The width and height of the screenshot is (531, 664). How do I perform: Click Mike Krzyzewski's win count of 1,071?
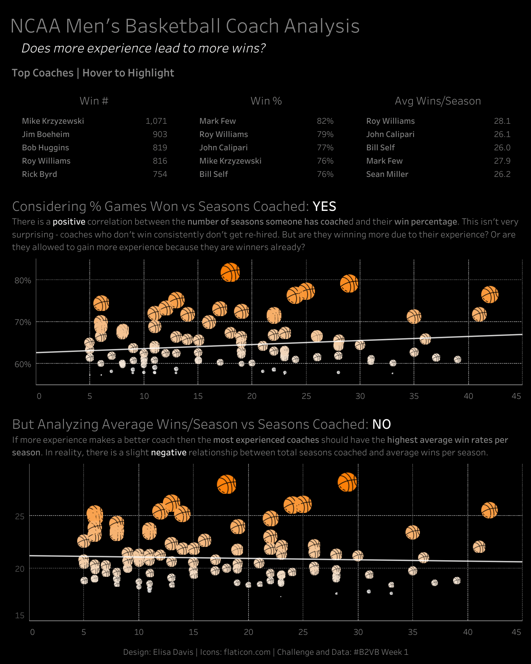[156, 121]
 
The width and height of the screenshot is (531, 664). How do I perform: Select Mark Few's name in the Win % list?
[217, 121]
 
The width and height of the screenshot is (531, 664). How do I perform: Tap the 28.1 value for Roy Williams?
[502, 121]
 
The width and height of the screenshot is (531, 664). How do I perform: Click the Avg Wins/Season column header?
[438, 101]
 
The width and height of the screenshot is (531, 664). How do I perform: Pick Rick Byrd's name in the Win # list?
[40, 174]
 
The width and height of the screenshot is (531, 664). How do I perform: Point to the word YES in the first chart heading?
[324, 206]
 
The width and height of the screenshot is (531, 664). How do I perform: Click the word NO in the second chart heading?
[381, 424]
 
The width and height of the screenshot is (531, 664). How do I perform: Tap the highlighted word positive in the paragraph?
[69, 222]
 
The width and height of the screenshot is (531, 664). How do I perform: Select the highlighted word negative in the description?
[168, 452]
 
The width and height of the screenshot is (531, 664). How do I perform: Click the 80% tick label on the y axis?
[23, 281]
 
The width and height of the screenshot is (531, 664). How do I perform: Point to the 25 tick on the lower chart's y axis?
[20, 516]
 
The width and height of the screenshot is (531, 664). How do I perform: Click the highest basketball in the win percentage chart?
[230, 273]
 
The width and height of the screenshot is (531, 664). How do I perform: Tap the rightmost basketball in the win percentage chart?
[490, 294]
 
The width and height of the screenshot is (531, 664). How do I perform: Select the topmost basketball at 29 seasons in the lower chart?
[347, 482]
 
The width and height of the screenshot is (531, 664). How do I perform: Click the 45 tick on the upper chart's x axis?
[516, 396]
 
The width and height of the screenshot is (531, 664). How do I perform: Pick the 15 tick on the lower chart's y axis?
[20, 615]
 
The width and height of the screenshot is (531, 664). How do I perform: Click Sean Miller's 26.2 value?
[502, 174]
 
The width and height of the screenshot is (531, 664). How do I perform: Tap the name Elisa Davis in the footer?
[173, 652]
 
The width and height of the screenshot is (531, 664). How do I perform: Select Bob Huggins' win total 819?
[160, 148]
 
